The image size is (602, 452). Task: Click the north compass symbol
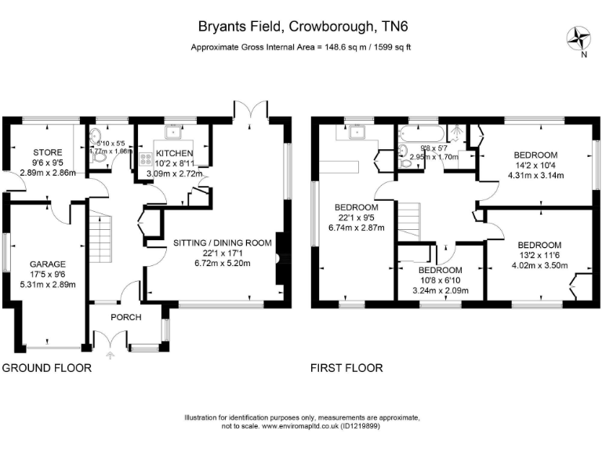pos(581,38)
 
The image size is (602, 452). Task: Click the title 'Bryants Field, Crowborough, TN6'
pos(303,26)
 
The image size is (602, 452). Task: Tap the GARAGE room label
pos(48,264)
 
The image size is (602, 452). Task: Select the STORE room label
pos(47,151)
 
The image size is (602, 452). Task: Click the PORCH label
pos(127,317)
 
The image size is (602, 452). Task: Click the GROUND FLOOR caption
pos(46,367)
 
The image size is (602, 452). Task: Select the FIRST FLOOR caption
pos(346,367)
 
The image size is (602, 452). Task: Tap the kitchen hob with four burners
pos(145,162)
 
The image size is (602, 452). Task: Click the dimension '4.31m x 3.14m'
pos(535,175)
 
